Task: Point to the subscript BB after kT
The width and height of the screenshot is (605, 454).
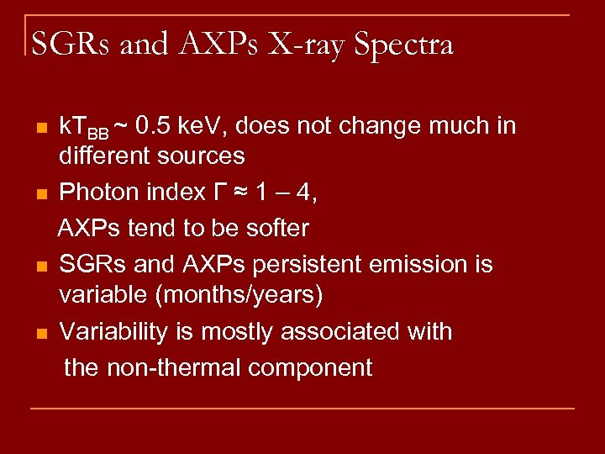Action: click(98, 133)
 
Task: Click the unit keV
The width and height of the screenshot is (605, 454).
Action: click(205, 126)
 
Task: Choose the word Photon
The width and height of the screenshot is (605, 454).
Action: click(97, 193)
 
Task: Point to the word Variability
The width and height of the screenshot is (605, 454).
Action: click(116, 332)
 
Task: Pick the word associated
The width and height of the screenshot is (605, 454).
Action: click(355, 332)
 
